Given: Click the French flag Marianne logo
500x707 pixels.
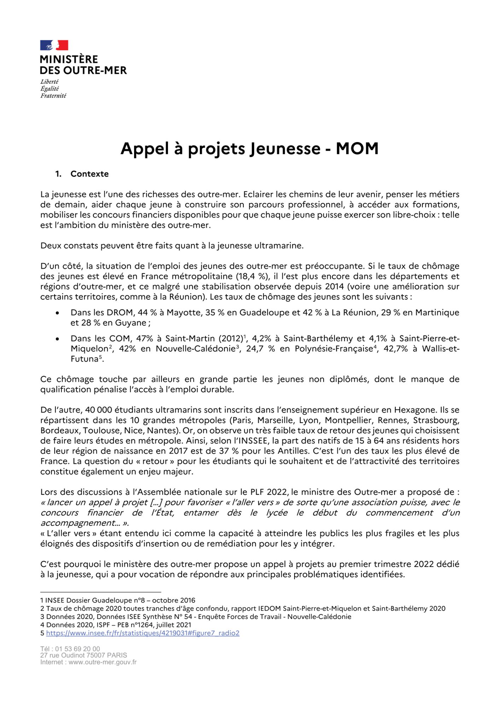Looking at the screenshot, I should point(54,45).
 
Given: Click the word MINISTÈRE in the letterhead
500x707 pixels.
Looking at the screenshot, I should point(69,59).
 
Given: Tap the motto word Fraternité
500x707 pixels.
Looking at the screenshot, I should point(53,96).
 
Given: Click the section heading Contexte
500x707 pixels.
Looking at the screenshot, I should point(89,174).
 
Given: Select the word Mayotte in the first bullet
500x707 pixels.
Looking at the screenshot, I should point(182,312).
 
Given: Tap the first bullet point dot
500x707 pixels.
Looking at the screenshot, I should point(57,313).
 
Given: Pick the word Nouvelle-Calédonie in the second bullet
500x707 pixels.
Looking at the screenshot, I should point(196,349).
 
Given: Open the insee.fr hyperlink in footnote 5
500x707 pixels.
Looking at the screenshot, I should point(143,633).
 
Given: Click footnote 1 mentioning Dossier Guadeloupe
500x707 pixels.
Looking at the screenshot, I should point(118,600).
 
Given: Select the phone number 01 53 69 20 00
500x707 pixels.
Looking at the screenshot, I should point(77,649).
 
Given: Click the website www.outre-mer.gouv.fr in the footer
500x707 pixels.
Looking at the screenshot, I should point(103,662).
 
